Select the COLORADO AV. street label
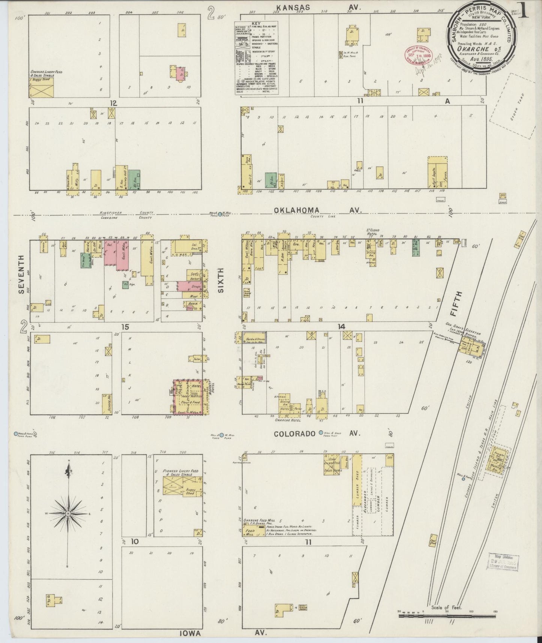[317, 434]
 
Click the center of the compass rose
[68, 513]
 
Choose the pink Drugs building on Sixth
[189, 286]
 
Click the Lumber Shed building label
[357, 484]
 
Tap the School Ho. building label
[107, 403]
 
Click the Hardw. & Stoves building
[255, 338]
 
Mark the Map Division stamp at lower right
[503, 562]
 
